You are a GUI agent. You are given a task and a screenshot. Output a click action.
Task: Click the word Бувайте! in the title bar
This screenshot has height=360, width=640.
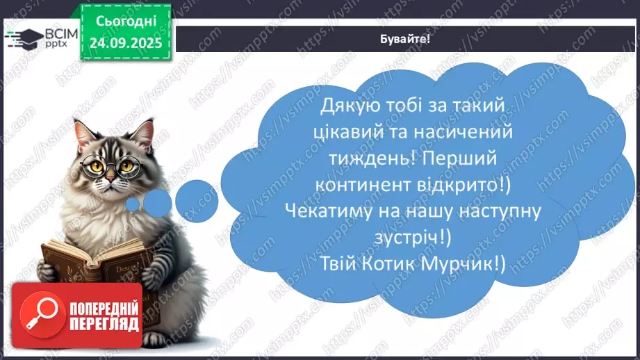tap(406, 39)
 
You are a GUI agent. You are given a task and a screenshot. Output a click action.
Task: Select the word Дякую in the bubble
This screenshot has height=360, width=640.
tap(350, 105)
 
